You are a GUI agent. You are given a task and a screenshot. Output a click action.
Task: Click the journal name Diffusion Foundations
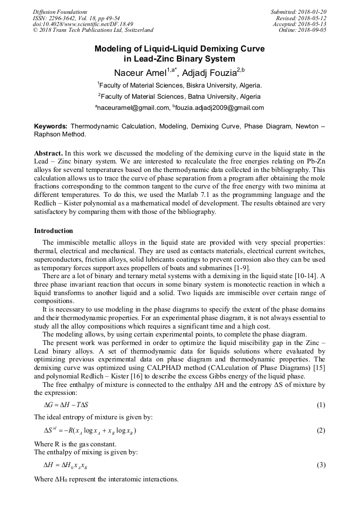pos(60,12)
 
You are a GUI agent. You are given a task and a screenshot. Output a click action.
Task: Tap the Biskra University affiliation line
pos(179,85)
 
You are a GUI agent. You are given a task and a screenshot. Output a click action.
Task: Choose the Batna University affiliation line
pos(179,97)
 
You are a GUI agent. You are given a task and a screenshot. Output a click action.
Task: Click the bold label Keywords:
pos(50,127)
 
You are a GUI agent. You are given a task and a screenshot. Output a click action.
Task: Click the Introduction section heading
pos(54,231)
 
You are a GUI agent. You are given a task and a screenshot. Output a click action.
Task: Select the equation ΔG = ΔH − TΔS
pos(66,405)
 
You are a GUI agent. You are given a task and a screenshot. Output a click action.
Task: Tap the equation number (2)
pos(321,430)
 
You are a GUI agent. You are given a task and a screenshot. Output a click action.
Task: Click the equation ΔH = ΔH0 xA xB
pos(66,465)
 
